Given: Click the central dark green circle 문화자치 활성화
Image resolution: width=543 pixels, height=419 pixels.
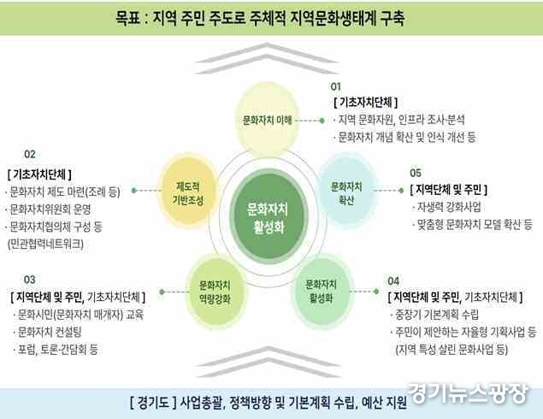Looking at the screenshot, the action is coord(269,216).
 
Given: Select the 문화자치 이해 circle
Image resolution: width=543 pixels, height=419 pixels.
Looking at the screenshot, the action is coord(267,120).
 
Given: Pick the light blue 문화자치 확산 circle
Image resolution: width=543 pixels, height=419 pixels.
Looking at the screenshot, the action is coord(346,191).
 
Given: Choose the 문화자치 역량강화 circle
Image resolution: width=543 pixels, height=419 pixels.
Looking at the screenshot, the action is coord(215,292).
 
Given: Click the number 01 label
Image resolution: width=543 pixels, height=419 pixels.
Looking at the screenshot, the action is coord(335,86).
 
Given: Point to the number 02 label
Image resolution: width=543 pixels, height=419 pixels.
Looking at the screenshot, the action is coord(30,154).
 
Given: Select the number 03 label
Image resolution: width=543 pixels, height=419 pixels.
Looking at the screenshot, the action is coord(30,280).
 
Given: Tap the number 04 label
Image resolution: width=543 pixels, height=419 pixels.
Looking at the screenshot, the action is coord(393,280).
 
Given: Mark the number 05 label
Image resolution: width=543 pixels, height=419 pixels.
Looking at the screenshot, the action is coord(416,173).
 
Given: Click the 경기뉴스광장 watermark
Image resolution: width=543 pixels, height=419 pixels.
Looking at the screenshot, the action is coord(469,393).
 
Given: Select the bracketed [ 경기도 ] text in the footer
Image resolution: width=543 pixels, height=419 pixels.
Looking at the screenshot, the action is coord(153,403).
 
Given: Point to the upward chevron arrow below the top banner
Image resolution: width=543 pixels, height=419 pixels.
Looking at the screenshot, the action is coord(266,58).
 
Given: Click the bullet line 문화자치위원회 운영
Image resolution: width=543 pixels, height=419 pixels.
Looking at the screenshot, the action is coord(49,209).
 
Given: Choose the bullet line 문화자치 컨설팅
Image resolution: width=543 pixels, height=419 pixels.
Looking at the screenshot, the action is coord(48,332).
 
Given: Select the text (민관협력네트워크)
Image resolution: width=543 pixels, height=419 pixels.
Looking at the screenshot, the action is coord(45,244).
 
